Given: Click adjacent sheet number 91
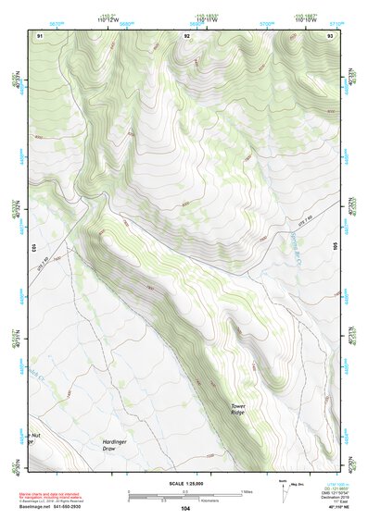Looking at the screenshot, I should (x=40, y=35).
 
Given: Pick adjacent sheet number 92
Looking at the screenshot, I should (x=187, y=35).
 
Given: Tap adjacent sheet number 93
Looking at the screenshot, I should (x=330, y=35).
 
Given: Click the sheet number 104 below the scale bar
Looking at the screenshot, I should (x=185, y=509).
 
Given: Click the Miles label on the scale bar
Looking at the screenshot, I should (x=246, y=490).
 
